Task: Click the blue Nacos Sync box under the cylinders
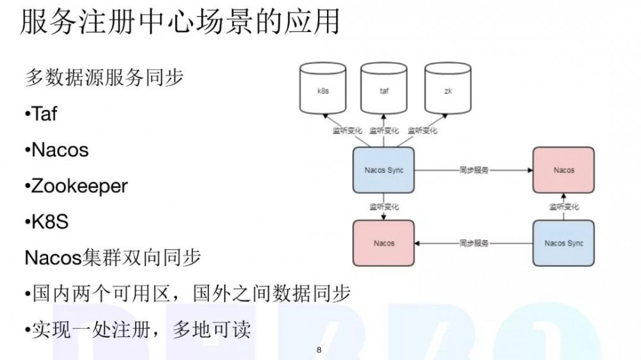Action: click(x=383, y=170)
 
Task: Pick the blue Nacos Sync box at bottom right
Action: click(x=563, y=243)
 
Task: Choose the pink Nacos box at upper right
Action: click(x=563, y=170)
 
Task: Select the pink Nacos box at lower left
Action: click(x=383, y=243)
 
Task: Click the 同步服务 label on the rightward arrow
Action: click(x=474, y=170)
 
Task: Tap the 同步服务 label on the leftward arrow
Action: click(x=474, y=243)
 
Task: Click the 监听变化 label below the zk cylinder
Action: click(x=422, y=131)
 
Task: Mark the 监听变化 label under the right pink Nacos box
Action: click(x=563, y=207)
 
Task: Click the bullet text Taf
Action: click(x=44, y=114)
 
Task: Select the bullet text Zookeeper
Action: click(x=79, y=186)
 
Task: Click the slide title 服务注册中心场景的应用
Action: click(x=179, y=23)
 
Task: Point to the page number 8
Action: click(x=319, y=350)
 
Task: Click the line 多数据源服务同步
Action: click(x=104, y=78)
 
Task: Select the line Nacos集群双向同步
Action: click(x=113, y=258)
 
